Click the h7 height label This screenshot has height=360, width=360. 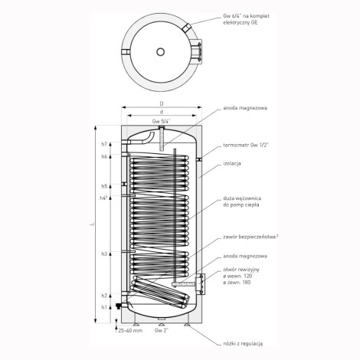coord(104,144)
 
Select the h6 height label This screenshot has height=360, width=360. coord(104,156)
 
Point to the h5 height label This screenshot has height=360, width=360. coord(104,186)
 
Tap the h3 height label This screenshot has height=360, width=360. coord(104,254)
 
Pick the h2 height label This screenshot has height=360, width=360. coord(104,296)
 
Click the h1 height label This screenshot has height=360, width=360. coord(104,307)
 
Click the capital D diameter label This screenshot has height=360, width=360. coord(162,103)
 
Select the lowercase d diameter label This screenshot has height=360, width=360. coord(162,112)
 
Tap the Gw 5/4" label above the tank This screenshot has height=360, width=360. coord(161,121)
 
